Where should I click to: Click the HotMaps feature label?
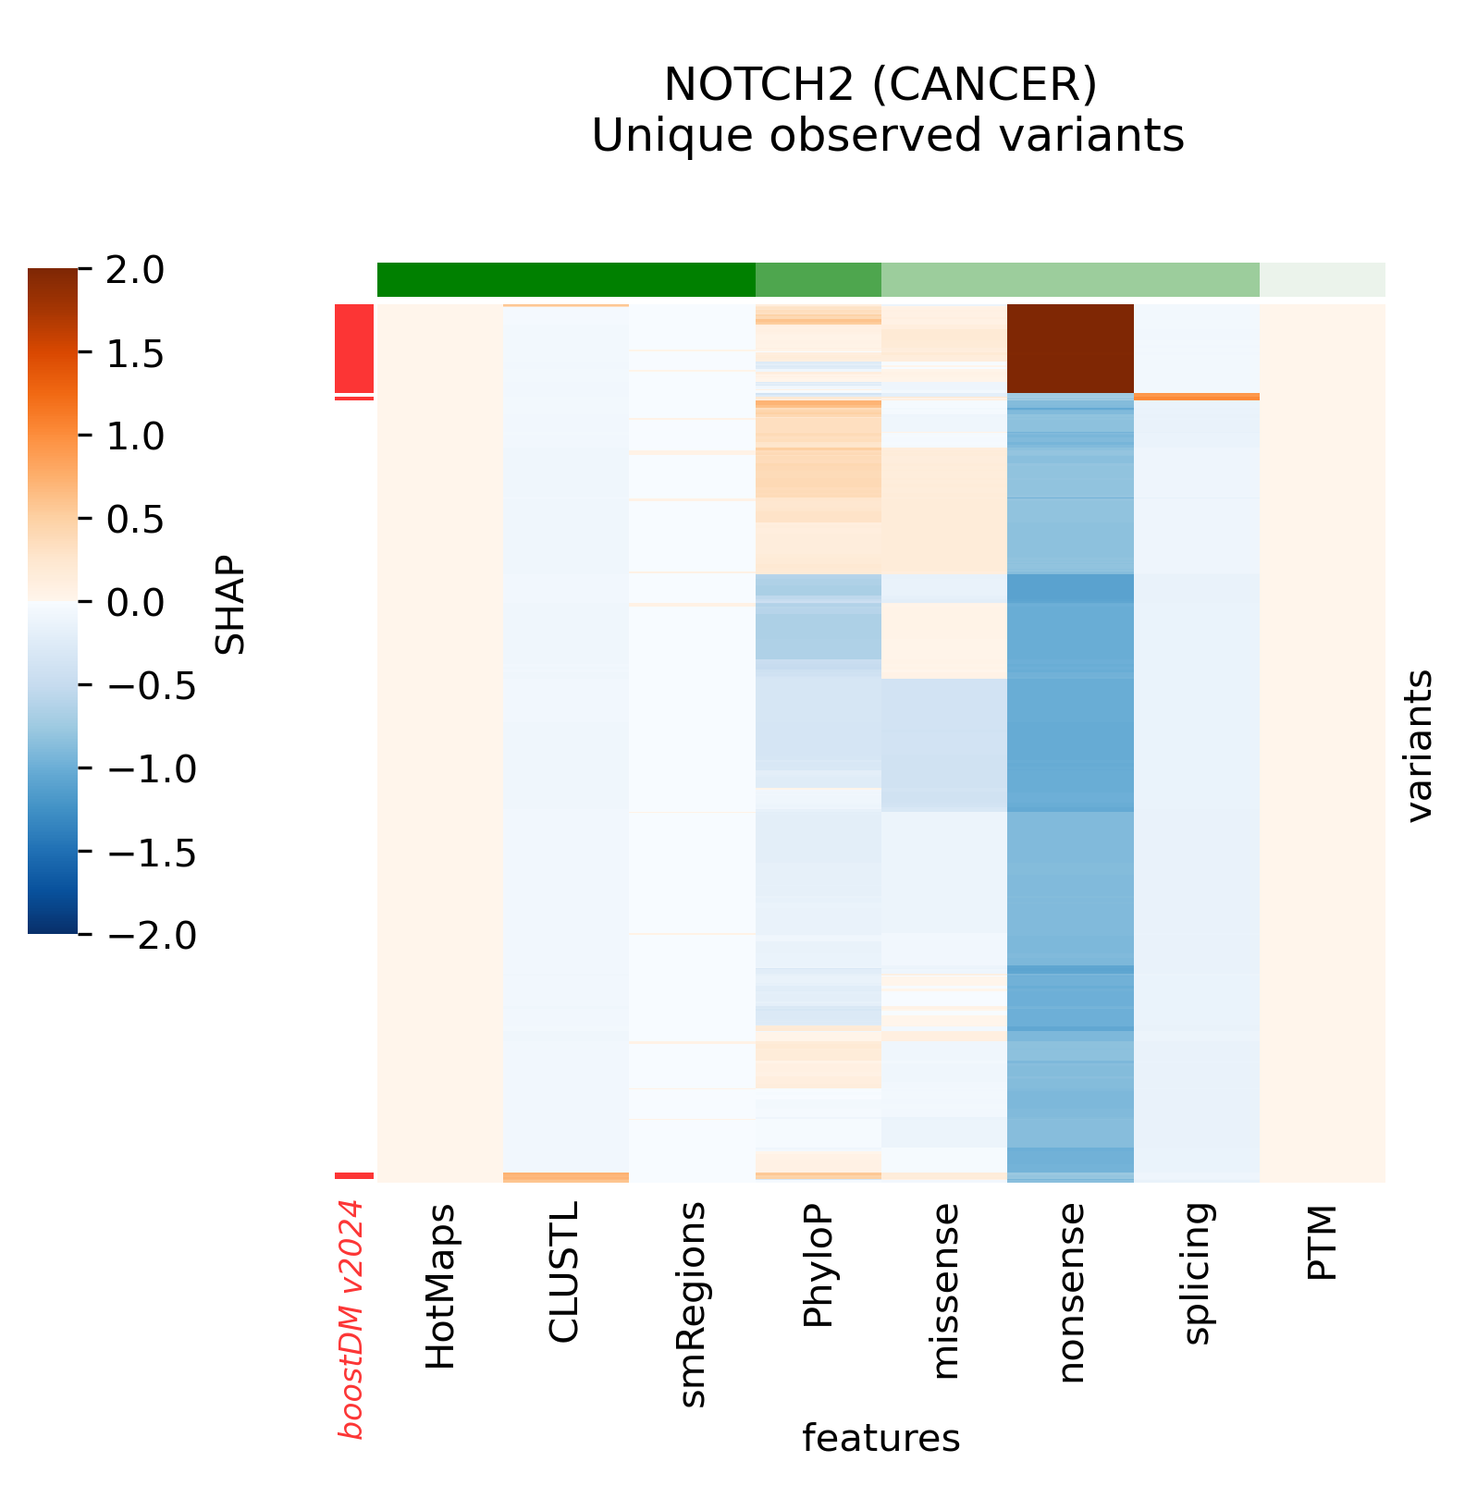[440, 1286]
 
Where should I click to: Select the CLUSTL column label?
[564, 1272]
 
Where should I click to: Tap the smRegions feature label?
[692, 1305]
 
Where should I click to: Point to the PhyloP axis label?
[819, 1266]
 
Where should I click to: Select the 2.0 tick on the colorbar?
[139, 271]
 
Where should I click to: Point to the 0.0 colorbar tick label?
[139, 603]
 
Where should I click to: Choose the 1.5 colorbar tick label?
[139, 354]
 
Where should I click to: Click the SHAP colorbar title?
[230, 603]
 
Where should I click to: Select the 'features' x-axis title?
[880, 1438]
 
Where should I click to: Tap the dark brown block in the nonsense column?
[1070, 349]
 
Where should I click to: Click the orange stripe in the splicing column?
[1197, 397]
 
